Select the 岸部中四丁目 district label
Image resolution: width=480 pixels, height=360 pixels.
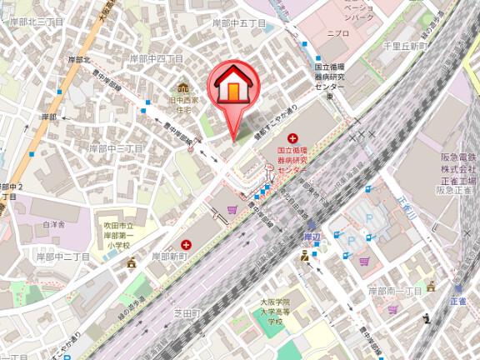pyautogui.click(x=152, y=59)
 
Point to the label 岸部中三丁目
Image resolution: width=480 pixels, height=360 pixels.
pyautogui.click(x=117, y=147)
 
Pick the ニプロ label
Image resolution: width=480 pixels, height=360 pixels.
pyautogui.click(x=337, y=34)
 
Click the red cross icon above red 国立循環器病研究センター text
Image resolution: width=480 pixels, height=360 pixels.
pyautogui.click(x=292, y=137)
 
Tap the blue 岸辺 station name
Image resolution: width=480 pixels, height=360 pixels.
pyautogui.click(x=312, y=237)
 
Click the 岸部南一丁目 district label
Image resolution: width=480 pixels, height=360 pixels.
pyautogui.click(x=396, y=291)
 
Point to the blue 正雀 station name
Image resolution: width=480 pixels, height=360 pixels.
pyautogui.click(x=457, y=301)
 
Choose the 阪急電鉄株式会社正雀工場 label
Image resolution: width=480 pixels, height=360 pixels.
pyautogui.click(x=459, y=173)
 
